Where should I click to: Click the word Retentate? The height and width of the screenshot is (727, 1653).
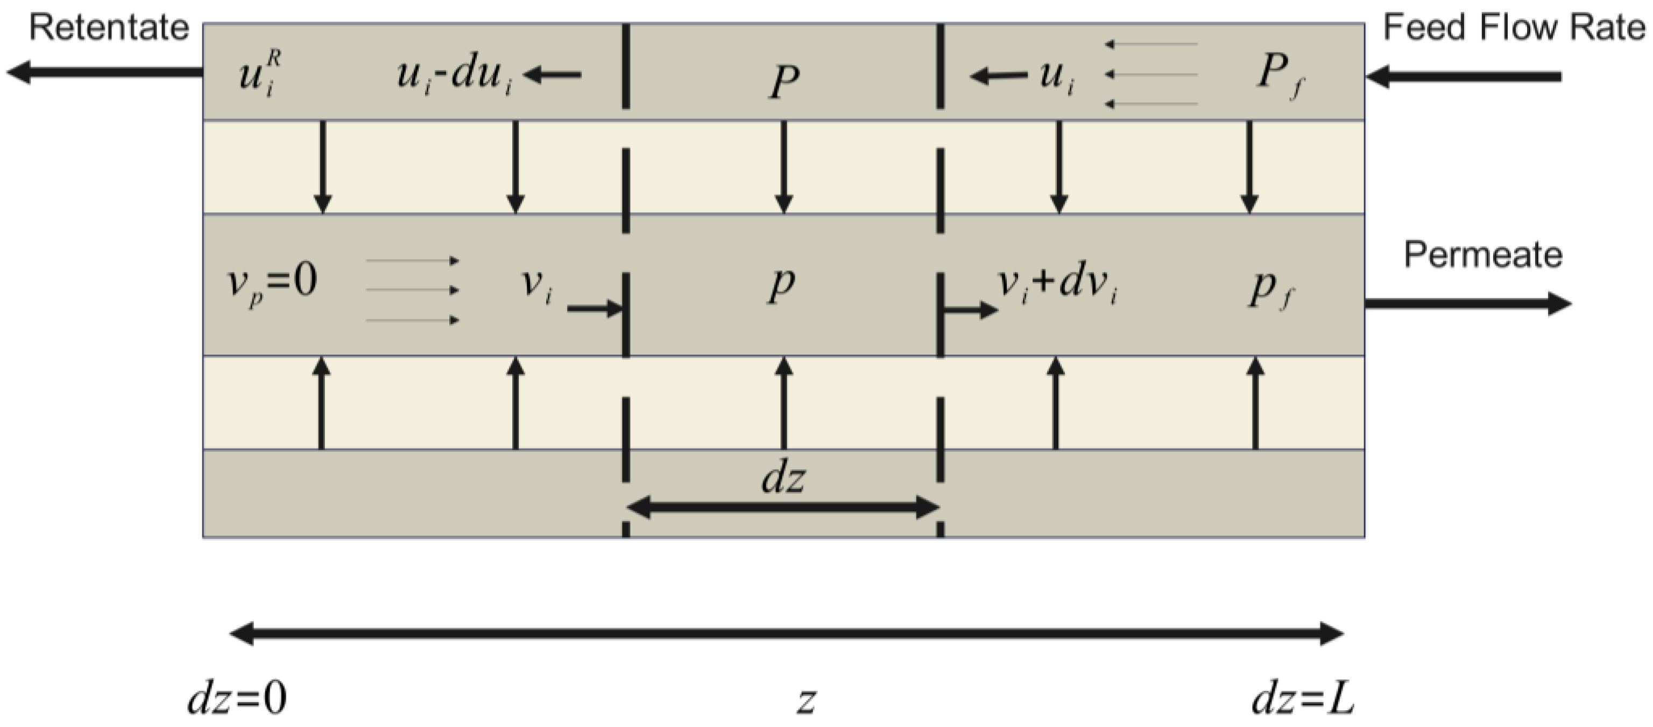point(109,28)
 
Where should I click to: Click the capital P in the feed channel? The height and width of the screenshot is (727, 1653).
point(783,82)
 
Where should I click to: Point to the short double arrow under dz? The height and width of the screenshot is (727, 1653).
point(783,507)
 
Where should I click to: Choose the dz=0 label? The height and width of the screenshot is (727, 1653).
point(237,699)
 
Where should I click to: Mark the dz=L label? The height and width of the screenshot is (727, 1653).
point(1303,699)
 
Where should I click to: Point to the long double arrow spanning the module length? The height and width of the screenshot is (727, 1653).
point(786,634)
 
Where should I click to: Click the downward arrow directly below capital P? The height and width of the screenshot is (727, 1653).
point(783,167)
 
